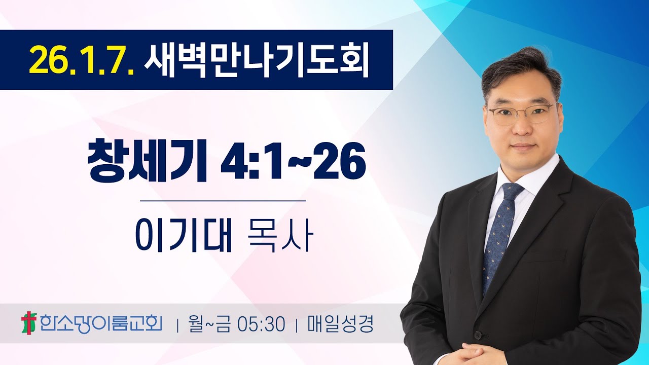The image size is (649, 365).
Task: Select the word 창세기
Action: (147, 161)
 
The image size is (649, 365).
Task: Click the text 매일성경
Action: (340, 324)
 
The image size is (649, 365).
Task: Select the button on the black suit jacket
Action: (478, 335)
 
